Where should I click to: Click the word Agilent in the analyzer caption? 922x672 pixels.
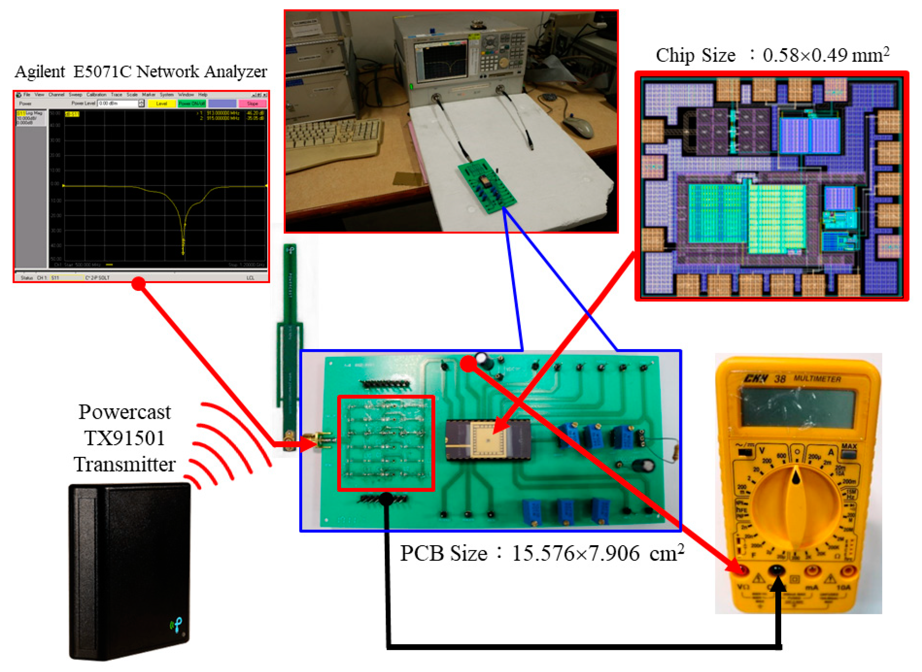[x=39, y=72]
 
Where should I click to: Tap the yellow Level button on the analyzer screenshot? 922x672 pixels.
[x=161, y=104]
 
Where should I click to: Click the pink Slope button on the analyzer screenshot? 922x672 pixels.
[x=252, y=104]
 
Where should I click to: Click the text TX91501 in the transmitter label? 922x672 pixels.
[x=125, y=438]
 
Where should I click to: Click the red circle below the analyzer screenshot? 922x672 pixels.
[x=139, y=284]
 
